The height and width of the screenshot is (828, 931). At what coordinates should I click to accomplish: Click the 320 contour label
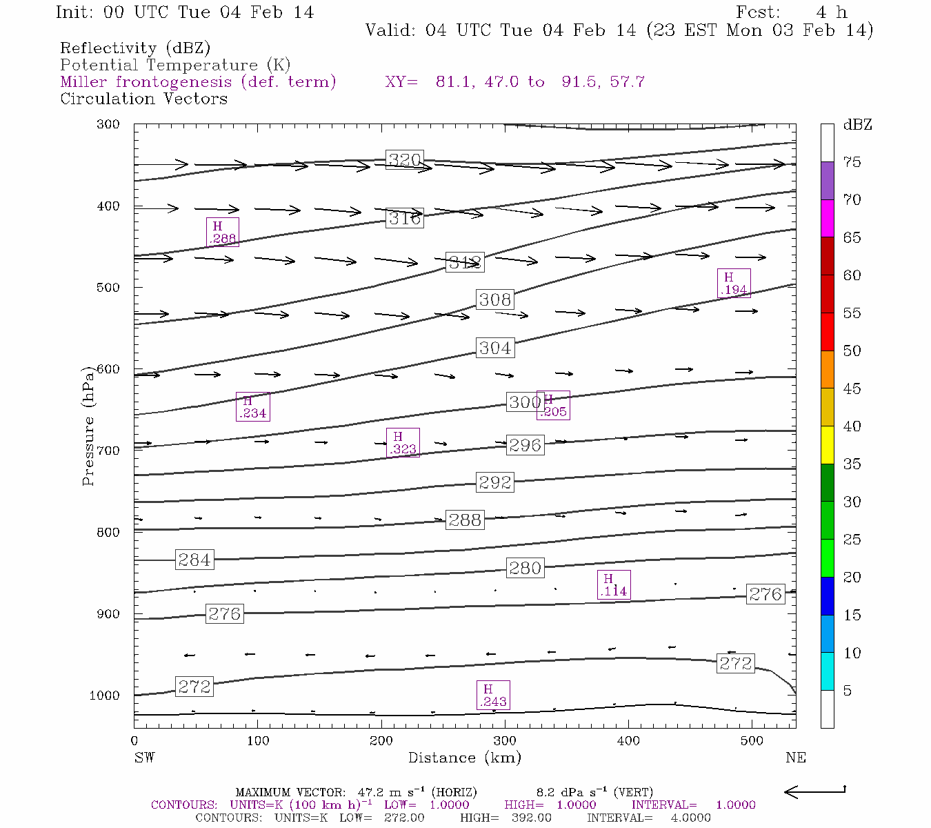coord(404,160)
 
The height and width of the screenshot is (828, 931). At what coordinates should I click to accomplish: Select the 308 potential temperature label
coord(495,299)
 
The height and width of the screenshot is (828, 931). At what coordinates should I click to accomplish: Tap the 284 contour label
coord(194,560)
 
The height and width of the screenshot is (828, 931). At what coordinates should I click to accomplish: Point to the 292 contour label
coord(495,482)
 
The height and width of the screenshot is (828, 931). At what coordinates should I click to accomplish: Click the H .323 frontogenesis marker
coord(403,443)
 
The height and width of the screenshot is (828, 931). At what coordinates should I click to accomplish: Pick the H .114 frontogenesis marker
coord(613,585)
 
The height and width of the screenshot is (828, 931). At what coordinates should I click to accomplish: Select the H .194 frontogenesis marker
coord(733,283)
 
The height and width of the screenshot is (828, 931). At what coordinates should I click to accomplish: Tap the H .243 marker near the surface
coord(493,695)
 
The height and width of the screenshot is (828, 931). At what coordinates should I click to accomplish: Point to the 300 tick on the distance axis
coord(505,740)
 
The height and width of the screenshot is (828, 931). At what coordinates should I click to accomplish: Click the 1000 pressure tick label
coord(104,696)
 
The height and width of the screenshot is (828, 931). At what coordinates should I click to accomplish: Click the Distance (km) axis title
coord(464,758)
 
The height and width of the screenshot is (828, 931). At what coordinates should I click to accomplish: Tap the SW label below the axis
coord(144,758)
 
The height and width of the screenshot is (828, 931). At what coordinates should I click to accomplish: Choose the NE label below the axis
coord(795,758)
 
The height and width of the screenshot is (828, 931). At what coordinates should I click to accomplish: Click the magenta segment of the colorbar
coord(827,218)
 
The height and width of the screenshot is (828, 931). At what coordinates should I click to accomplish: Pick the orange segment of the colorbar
coord(827,369)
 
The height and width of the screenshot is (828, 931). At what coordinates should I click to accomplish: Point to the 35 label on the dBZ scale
coord(852,464)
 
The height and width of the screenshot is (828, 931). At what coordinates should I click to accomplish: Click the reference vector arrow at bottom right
coord(815,791)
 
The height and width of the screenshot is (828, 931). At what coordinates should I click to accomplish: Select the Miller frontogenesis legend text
coord(198,82)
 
